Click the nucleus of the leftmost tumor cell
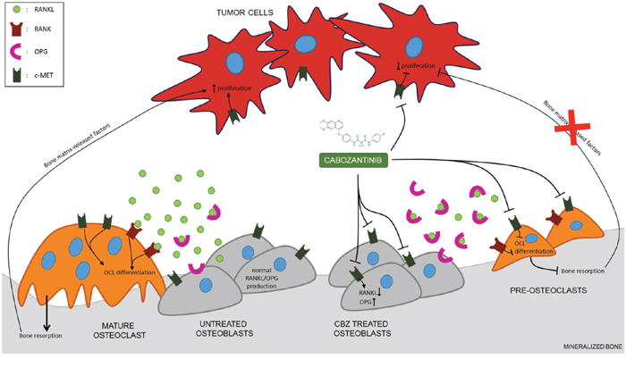click(234, 63)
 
